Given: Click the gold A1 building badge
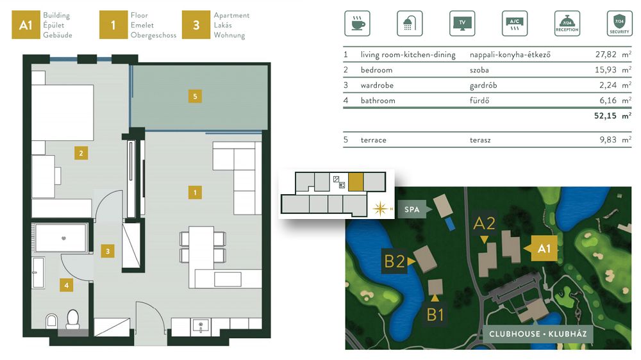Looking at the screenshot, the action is coord(26,25).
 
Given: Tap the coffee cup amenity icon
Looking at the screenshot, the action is coord(357,23).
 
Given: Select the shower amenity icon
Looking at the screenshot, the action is coord(410,23).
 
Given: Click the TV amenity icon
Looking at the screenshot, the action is coord(462,23).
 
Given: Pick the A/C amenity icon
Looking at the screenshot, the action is coord(514,23).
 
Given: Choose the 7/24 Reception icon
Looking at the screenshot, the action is coord(567,23).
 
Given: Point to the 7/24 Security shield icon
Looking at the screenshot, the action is coord(619,23).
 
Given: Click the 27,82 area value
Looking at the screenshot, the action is coord(606,54).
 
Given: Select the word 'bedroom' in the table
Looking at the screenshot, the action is coord(376,70).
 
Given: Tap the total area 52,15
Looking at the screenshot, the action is coord(605,116).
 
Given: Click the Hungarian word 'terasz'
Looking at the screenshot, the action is coord(480,140).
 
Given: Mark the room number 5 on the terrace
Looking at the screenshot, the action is coord(195,97).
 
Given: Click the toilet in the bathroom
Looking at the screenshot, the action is coord(73,319).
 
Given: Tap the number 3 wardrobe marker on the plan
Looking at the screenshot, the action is coord(108,251).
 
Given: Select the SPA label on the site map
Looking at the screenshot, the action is coord(412,209).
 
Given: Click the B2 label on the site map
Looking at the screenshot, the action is coord(394,261).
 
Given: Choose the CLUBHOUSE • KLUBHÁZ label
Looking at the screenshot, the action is coord(538,334).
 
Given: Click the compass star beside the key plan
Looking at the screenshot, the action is coord(379,208).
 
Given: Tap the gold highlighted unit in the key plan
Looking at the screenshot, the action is coord(356,182).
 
